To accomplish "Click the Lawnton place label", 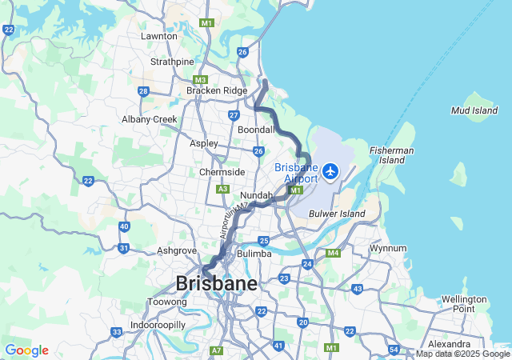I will [158, 36].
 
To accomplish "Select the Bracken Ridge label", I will [217, 91].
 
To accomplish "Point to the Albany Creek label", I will [149, 119].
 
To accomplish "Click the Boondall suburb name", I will [256, 129].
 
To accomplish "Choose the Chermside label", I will [222, 172].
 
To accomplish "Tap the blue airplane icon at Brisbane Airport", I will [330, 170].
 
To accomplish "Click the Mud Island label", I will [474, 110].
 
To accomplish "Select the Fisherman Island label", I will [391, 155].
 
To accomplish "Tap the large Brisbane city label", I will [216, 283].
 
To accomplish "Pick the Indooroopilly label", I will [158, 326].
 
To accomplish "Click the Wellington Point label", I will [463, 304].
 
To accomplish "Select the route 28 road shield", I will [142, 91].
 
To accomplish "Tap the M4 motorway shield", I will [334, 254].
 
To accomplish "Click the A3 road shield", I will [223, 189].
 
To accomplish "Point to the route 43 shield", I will [357, 289].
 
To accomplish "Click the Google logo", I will [26, 350].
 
